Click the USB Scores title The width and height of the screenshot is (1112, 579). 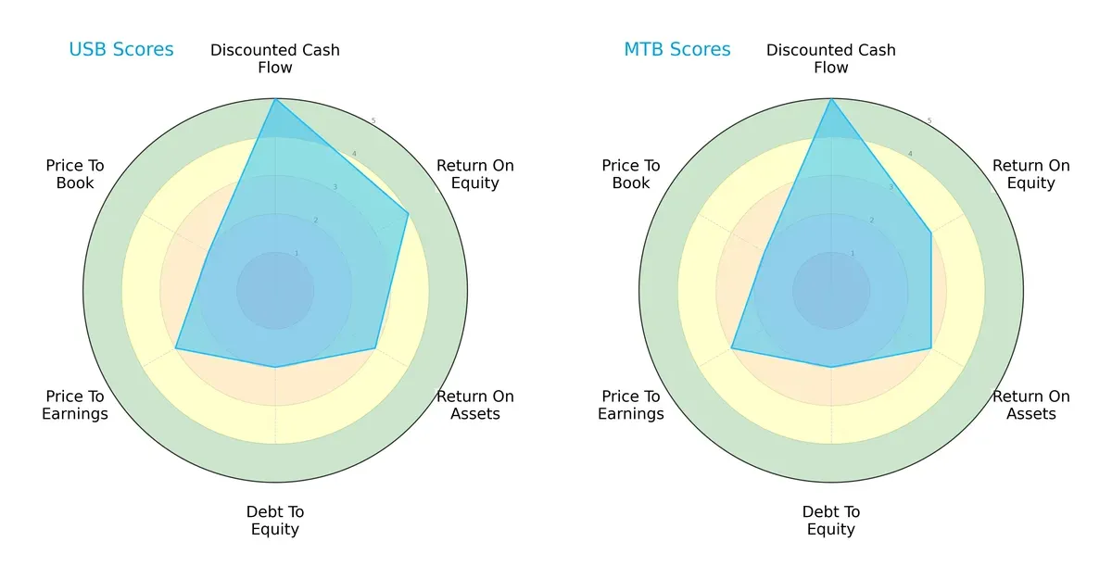121,50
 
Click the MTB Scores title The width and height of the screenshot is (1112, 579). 677,50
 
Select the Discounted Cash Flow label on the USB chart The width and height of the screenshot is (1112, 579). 275,58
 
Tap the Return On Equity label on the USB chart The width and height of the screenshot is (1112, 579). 475,174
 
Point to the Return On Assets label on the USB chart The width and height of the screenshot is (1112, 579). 475,405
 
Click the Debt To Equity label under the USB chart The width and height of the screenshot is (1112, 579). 275,521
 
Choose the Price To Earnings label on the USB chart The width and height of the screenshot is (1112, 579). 75,405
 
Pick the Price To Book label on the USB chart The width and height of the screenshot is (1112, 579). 75,174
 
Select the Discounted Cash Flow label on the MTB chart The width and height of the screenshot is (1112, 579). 831,58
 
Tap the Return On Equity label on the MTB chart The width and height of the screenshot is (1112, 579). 1031,174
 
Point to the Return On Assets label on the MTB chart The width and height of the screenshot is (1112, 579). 1031,405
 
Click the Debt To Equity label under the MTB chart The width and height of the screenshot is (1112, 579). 831,521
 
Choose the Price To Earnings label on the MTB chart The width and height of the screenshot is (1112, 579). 631,405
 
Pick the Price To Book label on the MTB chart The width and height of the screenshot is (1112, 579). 631,174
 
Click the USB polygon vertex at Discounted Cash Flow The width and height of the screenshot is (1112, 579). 275,99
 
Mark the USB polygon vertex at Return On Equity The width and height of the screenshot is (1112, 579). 409,213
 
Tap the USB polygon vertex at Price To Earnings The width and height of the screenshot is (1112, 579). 176,348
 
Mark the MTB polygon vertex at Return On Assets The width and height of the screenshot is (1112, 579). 931,348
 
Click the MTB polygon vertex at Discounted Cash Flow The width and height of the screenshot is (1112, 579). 831,99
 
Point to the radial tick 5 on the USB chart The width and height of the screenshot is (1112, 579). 373,121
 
